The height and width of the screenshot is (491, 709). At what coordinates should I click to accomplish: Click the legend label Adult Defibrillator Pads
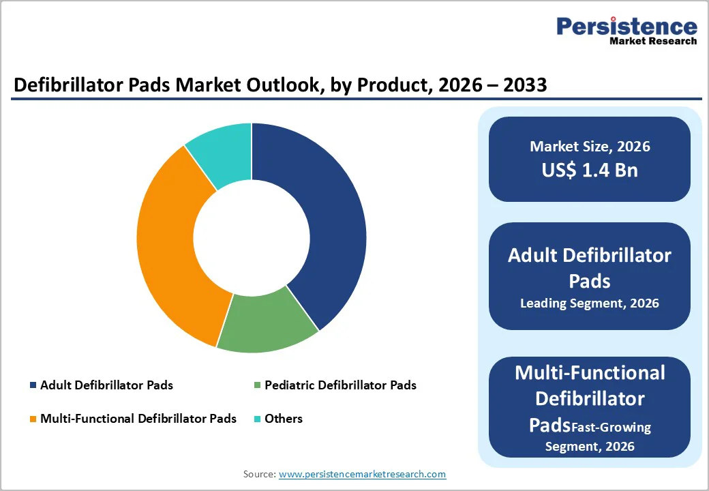[x=106, y=385]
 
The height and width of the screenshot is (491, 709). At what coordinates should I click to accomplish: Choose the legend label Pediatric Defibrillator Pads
[x=340, y=385]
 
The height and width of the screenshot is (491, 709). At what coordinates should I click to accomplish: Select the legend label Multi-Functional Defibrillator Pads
[x=138, y=418]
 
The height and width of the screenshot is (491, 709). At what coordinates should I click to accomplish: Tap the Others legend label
[x=284, y=418]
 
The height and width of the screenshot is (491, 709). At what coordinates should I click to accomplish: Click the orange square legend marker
[x=33, y=419]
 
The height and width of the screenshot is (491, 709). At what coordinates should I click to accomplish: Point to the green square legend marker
[x=256, y=386]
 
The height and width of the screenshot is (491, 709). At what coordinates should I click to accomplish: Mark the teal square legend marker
[x=256, y=419]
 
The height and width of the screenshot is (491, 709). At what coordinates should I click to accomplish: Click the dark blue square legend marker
[x=33, y=386]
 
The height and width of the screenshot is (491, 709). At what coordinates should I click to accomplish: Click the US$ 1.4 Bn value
[x=590, y=170]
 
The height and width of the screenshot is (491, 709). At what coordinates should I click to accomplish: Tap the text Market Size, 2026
[x=590, y=147]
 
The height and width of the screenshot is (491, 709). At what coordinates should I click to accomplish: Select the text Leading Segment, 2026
[x=590, y=303]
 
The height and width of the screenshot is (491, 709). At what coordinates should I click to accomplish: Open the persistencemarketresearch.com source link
[x=362, y=474]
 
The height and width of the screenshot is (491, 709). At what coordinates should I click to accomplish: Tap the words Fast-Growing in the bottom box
[x=612, y=428]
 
